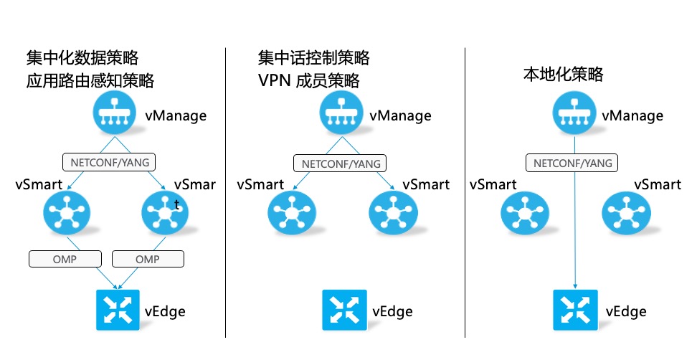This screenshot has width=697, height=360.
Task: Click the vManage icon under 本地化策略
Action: [574, 113]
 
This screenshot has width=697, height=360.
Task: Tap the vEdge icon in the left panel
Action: [118, 310]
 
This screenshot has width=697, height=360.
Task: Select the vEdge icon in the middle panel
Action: [344, 310]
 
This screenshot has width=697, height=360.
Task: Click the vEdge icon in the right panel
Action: [575, 310]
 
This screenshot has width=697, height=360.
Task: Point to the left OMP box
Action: [65, 259]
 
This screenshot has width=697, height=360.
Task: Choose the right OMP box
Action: [148, 259]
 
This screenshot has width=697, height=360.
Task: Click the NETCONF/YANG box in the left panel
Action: [109, 162]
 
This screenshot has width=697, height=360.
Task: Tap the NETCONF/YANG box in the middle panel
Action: [340, 163]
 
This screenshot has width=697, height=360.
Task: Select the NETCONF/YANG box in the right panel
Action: [572, 163]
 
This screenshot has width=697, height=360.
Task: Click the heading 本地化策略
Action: [563, 74]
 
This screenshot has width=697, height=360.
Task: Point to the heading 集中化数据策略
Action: [82, 58]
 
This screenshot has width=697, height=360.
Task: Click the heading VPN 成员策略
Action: [308, 80]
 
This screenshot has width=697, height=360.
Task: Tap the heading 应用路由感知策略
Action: [90, 80]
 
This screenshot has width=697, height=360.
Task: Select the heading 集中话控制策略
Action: [314, 58]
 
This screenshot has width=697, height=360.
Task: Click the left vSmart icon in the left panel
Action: [67, 213]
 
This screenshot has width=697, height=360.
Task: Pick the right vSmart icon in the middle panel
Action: [394, 213]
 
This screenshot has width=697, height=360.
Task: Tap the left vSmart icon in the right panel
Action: [525, 213]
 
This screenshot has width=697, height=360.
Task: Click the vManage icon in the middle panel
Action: [341, 113]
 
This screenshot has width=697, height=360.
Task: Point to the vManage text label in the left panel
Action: [176, 116]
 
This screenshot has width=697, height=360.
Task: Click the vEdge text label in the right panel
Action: [626, 311]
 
